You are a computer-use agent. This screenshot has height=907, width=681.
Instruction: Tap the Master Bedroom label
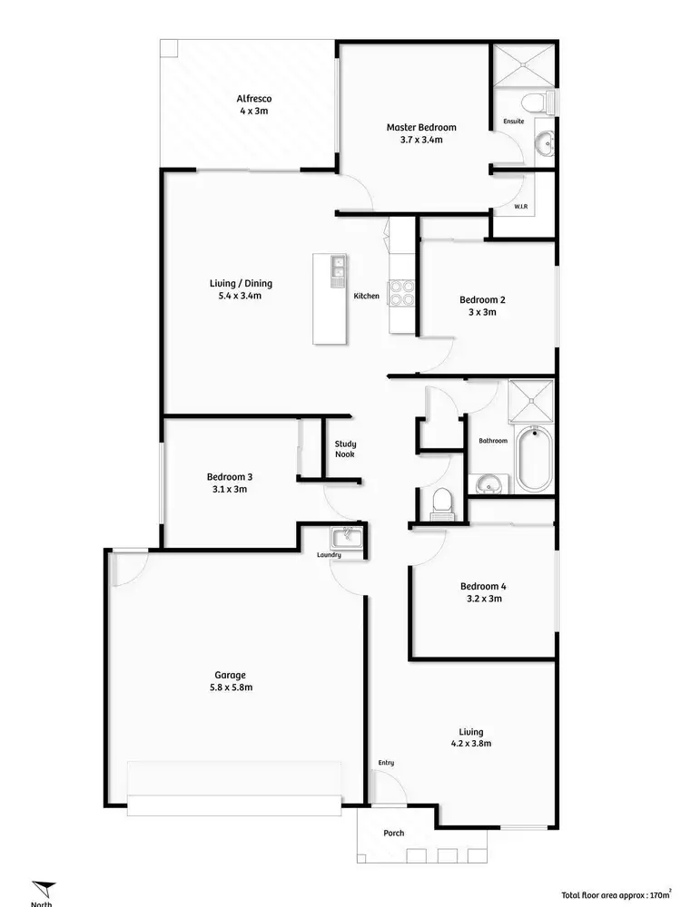(420, 128)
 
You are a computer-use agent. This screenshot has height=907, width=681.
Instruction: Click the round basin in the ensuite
(543, 141)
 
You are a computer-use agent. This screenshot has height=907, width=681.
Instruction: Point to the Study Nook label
(344, 449)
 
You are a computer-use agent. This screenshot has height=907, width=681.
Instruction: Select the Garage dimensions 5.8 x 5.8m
(230, 687)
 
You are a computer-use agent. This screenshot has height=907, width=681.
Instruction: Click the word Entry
(386, 763)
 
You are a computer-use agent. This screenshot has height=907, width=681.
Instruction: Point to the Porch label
(393, 833)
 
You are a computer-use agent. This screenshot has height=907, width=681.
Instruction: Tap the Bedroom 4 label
(481, 586)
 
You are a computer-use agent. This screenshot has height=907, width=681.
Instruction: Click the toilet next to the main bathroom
(442, 501)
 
